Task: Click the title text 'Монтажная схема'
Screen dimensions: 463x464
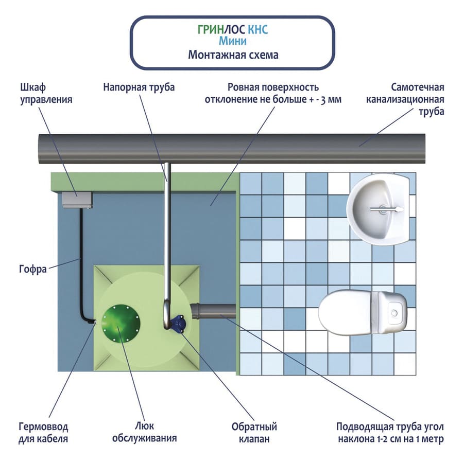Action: (x=233, y=55)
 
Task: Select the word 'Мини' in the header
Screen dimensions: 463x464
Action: (x=233, y=42)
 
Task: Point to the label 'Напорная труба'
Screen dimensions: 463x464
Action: (x=139, y=87)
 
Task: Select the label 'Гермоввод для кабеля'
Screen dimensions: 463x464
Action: (x=43, y=433)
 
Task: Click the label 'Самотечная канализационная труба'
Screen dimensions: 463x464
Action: (x=405, y=99)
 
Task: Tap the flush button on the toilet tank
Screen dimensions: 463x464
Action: (x=394, y=312)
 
